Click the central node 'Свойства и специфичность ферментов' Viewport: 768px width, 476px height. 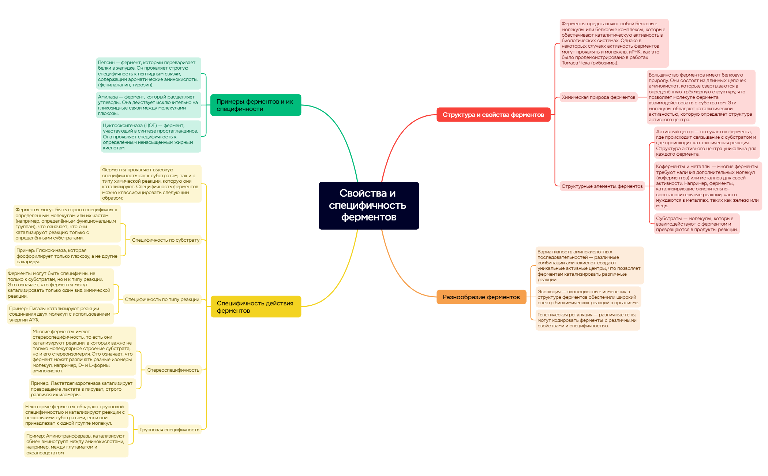coord(369,205)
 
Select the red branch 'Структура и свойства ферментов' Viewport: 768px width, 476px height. coord(493,115)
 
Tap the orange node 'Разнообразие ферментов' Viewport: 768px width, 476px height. coord(481,297)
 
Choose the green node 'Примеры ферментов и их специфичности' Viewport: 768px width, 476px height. coord(256,105)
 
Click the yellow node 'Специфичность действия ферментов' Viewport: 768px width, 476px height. coord(256,307)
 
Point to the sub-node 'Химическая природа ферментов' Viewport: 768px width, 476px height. coord(599,97)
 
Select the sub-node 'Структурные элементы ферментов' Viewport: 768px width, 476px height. coord(602,186)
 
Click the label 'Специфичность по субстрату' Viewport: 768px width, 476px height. coord(166,240)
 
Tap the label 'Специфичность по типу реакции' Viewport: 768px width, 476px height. coord(162,299)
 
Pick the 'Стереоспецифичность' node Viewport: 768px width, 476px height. coord(173,370)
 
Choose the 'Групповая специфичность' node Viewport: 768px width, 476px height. coord(169,429)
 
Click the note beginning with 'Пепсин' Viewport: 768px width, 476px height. coord(149,74)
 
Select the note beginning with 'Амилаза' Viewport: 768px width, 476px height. coord(149,105)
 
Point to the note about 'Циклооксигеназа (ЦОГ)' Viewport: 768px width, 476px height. coord(151,137)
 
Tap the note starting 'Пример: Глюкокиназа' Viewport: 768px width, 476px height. coord(67,256)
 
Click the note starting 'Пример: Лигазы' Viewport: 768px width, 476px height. coord(60,314)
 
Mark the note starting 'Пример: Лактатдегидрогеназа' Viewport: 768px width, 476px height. coord(82,389)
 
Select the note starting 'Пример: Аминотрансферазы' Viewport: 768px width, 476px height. coord(76,444)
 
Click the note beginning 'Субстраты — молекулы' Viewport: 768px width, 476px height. coord(697,224)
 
